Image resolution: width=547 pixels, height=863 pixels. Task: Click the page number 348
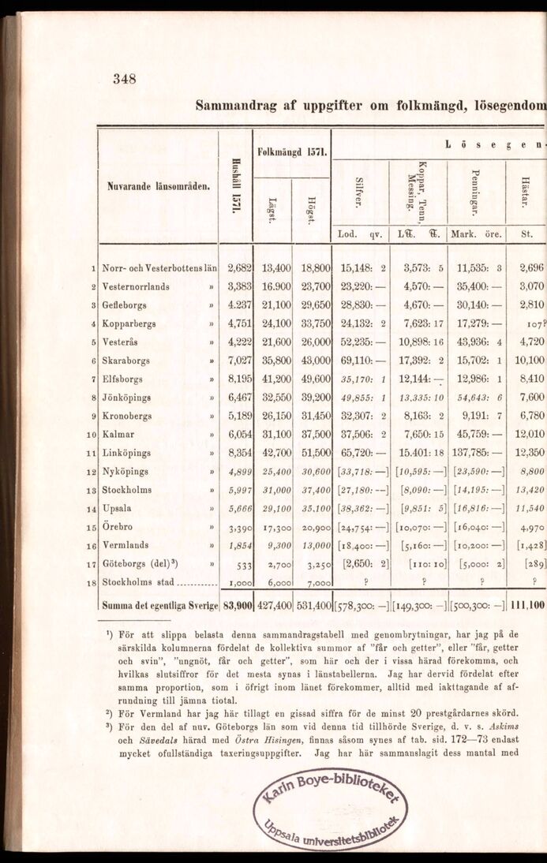click(x=125, y=78)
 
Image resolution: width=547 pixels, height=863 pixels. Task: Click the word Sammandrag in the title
click(x=230, y=103)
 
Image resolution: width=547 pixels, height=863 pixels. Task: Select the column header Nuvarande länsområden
click(x=159, y=186)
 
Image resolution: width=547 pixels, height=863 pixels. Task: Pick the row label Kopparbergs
click(x=129, y=323)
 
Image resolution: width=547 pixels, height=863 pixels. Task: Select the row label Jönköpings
click(x=129, y=398)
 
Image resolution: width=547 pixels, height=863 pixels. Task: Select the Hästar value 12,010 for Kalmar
click(x=528, y=435)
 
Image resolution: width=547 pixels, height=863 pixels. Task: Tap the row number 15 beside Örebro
click(x=92, y=527)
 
